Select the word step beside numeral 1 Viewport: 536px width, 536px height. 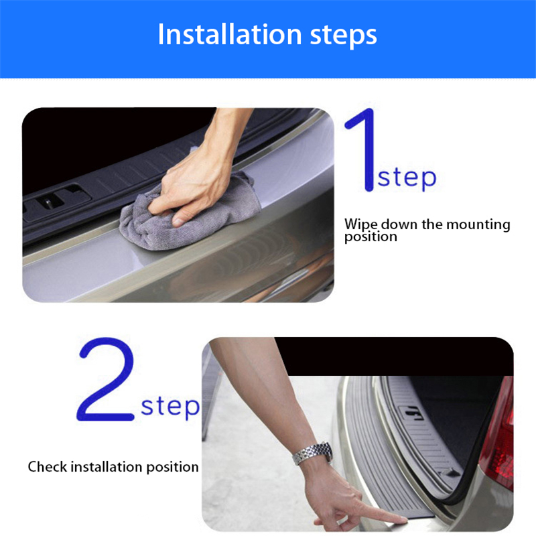tap(406, 178)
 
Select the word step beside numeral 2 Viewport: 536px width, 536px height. tap(170, 407)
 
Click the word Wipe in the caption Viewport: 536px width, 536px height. tap(360, 224)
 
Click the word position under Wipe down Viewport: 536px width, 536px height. tap(371, 237)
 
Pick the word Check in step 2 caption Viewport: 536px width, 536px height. tap(47, 466)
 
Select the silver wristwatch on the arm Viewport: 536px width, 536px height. tap(313, 454)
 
